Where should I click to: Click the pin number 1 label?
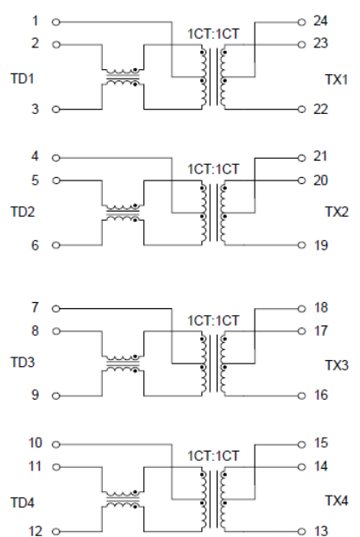click(x=35, y=19)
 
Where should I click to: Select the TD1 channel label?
click(x=22, y=77)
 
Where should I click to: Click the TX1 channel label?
click(x=336, y=79)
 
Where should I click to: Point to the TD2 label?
click(x=22, y=212)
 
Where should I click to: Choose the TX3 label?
click(x=336, y=366)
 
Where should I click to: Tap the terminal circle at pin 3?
click(x=57, y=110)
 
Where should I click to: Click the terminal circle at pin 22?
click(x=301, y=110)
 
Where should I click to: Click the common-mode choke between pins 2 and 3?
click(x=122, y=77)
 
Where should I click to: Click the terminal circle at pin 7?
click(x=57, y=307)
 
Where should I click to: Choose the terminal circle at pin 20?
click(x=301, y=181)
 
